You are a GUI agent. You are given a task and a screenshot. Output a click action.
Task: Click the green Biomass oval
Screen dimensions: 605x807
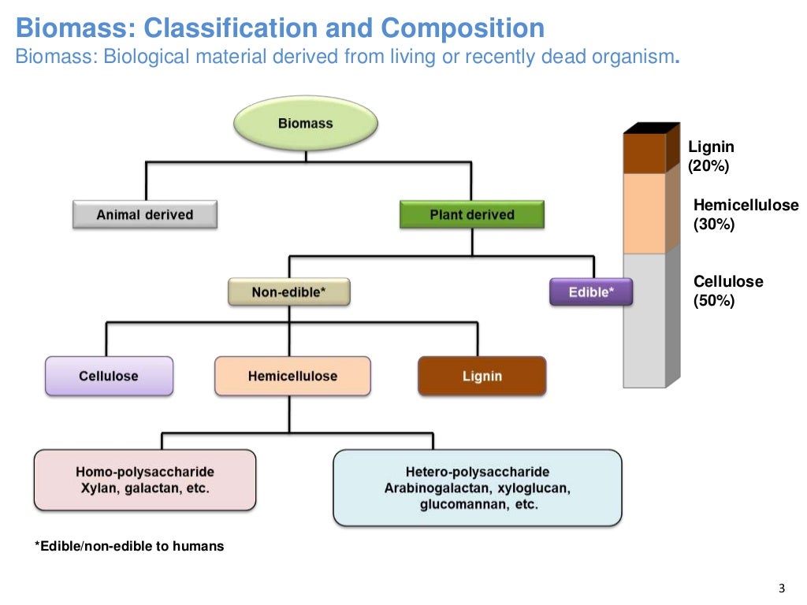(x=305, y=124)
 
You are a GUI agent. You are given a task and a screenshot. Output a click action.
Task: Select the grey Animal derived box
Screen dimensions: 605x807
(x=144, y=214)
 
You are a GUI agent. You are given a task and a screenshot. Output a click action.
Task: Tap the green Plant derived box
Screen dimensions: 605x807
(x=471, y=214)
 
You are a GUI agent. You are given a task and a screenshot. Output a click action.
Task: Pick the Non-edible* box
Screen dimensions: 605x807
(x=288, y=292)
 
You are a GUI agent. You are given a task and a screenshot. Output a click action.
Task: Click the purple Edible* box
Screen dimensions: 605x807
(x=589, y=292)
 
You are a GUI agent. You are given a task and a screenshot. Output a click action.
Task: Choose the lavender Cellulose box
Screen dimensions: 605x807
(x=109, y=376)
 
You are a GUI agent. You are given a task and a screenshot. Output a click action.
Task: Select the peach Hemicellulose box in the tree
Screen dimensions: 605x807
(x=292, y=376)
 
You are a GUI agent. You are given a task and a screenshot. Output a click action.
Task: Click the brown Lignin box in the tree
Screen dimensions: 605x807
(x=482, y=376)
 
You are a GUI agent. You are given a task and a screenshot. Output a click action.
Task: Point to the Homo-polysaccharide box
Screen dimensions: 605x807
(x=145, y=480)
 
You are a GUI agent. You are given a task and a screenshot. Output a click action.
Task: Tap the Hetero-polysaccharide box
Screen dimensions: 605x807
(x=477, y=488)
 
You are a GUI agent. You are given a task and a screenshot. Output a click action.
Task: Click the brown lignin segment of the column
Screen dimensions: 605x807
(x=645, y=154)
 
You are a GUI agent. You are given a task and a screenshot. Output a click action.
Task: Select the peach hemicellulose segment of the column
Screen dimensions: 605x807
(x=645, y=213)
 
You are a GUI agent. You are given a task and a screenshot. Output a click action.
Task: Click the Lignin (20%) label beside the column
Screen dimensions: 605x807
(x=711, y=156)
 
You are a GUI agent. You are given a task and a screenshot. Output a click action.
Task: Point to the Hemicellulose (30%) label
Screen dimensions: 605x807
(x=745, y=215)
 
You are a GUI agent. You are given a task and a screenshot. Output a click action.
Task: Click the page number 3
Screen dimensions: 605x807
(x=781, y=588)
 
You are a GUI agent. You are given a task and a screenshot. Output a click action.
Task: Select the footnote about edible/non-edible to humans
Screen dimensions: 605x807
(x=129, y=546)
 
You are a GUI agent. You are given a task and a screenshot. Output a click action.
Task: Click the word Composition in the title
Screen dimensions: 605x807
(x=463, y=28)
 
